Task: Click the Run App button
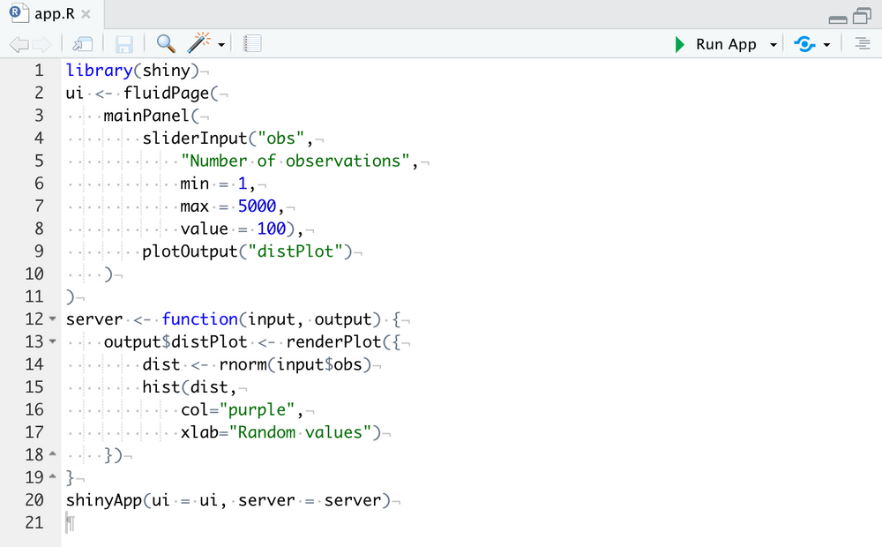pyautogui.click(x=715, y=44)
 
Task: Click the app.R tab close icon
pyautogui.click(x=86, y=14)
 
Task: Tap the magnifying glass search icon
pyautogui.click(x=166, y=43)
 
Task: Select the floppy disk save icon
pyautogui.click(x=123, y=44)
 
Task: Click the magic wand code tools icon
pyautogui.click(x=198, y=42)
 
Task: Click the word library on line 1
pyautogui.click(x=99, y=71)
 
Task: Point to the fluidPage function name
pyautogui.click(x=166, y=93)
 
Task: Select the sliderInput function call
pyautogui.click(x=195, y=139)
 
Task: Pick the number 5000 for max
pyautogui.click(x=257, y=206)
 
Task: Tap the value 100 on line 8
pyautogui.click(x=271, y=229)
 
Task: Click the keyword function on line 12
pyautogui.click(x=199, y=319)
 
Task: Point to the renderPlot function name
pyautogui.click(x=333, y=341)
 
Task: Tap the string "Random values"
pyautogui.click(x=300, y=432)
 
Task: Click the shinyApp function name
pyautogui.click(x=104, y=500)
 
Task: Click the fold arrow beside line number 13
pyautogui.click(x=52, y=341)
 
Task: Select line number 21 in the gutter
pyautogui.click(x=34, y=523)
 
